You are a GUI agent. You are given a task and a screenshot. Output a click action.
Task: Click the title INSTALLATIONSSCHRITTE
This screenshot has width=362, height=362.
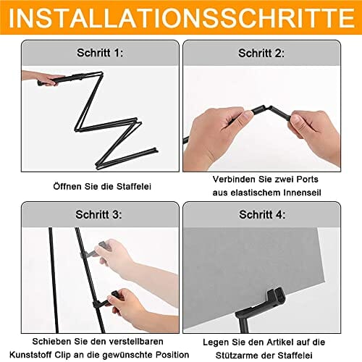pos(182,18)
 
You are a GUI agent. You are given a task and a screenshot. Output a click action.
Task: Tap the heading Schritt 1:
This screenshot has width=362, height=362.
pos(100,53)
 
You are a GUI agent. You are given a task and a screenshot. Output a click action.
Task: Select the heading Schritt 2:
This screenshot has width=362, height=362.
pos(261,53)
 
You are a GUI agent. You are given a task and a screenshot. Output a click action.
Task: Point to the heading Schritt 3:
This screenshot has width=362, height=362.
pos(98,214)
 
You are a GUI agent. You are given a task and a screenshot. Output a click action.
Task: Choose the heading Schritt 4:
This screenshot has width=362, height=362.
pos(262,214)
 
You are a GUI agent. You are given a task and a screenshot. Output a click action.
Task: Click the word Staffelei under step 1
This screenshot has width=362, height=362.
pos(134,186)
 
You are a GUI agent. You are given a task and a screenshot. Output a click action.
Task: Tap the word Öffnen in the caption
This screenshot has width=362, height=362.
pos(67,186)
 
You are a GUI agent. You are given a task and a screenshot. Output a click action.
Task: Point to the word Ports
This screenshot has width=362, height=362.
pos(307,179)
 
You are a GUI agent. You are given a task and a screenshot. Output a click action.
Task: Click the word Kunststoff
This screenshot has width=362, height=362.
pos(30,355)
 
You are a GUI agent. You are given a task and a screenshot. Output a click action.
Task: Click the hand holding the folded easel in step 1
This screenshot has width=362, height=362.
pos(42,78)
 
